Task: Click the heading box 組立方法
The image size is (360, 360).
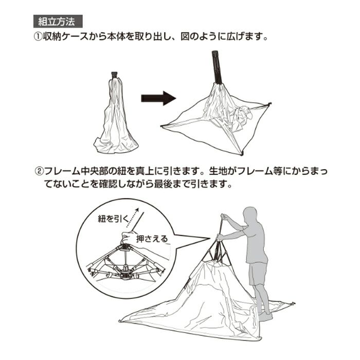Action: tap(58, 22)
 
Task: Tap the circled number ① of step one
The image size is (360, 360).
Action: tap(38, 37)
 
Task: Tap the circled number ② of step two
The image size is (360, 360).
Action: tap(39, 171)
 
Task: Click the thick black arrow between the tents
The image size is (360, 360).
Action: tap(158, 98)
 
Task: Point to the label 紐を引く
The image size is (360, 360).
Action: tap(114, 219)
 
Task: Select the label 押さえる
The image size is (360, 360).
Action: tap(152, 239)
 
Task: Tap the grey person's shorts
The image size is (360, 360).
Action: tap(258, 274)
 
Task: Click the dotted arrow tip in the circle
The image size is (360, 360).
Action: tap(137, 209)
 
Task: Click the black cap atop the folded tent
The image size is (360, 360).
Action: tap(114, 75)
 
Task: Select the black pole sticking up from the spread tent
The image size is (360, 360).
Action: tap(217, 67)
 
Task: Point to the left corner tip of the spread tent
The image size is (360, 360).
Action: tap(161, 126)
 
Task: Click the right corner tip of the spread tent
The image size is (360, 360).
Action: tap(270, 104)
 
